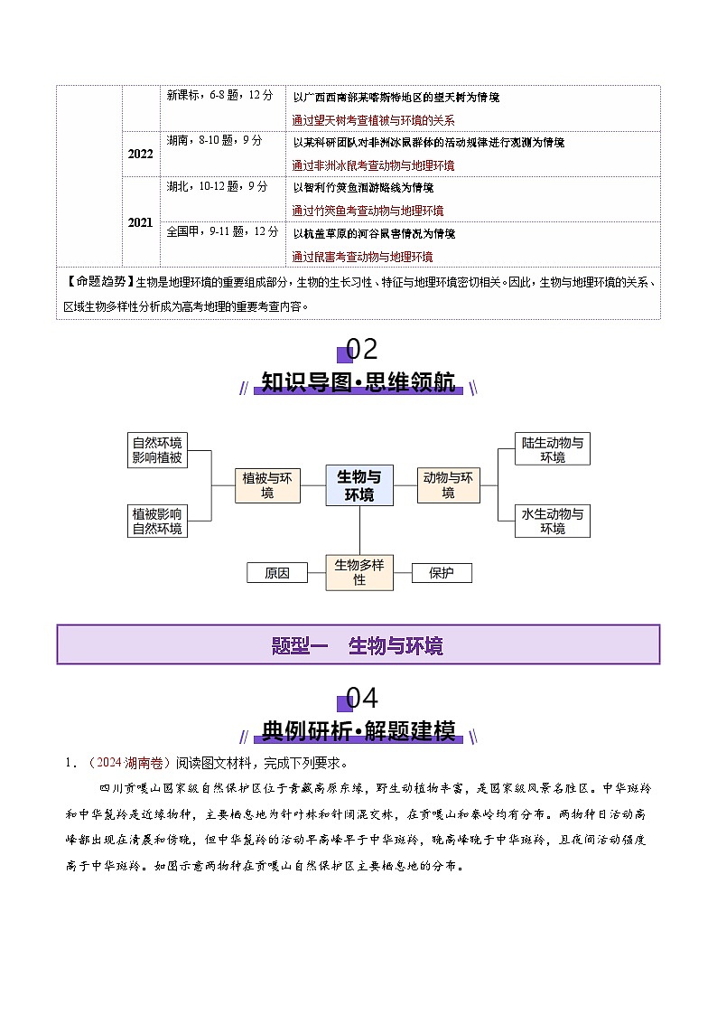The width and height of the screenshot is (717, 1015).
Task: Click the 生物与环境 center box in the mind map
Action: (x=358, y=485)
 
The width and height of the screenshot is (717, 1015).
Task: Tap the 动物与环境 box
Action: (x=449, y=485)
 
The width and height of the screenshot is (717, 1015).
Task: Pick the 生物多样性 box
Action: (x=359, y=572)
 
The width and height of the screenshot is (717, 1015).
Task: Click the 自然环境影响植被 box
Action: (x=157, y=450)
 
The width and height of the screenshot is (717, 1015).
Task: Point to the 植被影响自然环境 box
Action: (x=157, y=521)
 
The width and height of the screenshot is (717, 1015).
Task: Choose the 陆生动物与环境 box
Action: (x=553, y=450)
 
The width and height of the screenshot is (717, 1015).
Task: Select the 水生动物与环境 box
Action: (x=553, y=521)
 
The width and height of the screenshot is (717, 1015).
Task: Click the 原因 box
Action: (x=277, y=573)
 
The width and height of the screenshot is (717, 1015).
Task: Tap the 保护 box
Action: (x=442, y=573)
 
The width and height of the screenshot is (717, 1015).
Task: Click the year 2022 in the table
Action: (x=140, y=154)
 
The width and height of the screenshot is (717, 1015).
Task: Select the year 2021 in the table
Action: (x=140, y=222)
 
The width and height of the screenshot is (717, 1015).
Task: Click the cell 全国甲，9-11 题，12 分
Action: (x=223, y=231)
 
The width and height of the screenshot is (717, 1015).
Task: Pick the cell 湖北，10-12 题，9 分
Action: (x=218, y=186)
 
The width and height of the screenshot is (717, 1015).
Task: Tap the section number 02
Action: (x=360, y=349)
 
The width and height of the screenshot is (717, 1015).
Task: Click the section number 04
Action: (x=360, y=698)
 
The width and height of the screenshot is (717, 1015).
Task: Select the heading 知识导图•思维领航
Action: (x=358, y=382)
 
